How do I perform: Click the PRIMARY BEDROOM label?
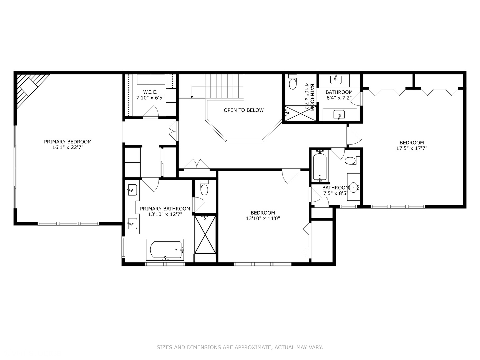tap(68, 142)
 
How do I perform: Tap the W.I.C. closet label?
tap(150, 92)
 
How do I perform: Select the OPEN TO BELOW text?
tap(244, 110)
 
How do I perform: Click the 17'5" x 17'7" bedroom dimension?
tap(412, 148)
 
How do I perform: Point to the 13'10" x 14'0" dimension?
tap(263, 218)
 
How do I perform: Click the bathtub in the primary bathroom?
tap(165, 250)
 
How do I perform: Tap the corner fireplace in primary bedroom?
tap(30, 87)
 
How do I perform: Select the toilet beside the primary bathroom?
tap(204, 189)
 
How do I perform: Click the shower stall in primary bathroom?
tap(205, 235)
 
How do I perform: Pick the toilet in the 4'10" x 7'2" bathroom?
tap(293, 83)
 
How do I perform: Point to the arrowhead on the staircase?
tap(192, 97)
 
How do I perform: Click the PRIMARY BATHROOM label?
tap(165, 209)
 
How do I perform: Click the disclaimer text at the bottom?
tap(240, 347)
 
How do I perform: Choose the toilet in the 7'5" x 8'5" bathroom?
tap(351, 161)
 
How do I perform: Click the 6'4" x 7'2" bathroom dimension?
tap(339, 98)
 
